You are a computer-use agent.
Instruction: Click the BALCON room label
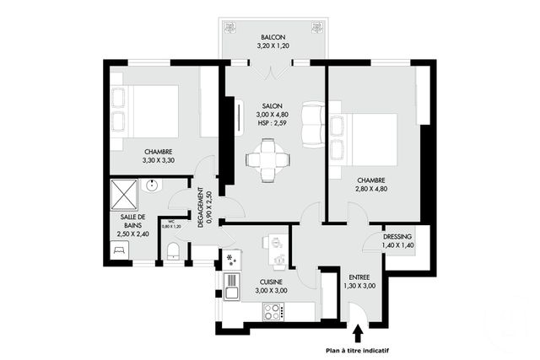(273, 38)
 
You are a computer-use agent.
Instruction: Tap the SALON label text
(273, 105)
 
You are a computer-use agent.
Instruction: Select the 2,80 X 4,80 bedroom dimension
(371, 191)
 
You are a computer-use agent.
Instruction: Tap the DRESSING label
(398, 237)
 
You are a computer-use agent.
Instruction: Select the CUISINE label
(272, 282)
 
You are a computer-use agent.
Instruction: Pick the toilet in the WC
(172, 250)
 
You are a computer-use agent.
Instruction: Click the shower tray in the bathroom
(125, 194)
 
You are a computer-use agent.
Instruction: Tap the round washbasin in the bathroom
(150, 188)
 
